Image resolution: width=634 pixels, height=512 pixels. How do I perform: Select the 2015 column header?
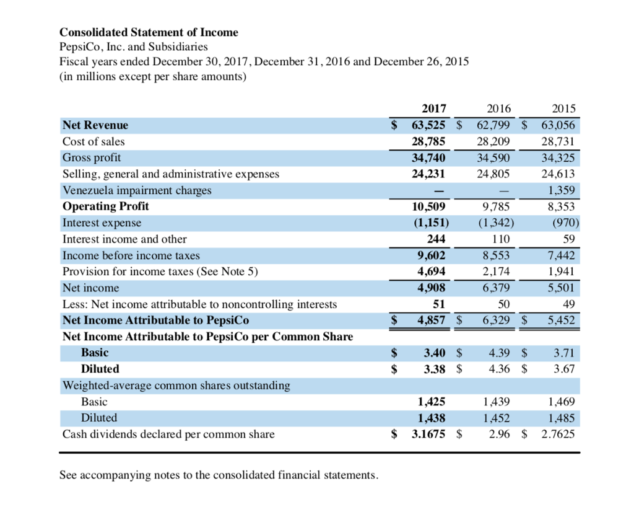pyautogui.click(x=563, y=110)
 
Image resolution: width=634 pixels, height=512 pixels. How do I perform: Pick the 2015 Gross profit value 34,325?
pyautogui.click(x=557, y=158)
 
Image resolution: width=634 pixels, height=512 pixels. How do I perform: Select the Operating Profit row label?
pyautogui.click(x=106, y=206)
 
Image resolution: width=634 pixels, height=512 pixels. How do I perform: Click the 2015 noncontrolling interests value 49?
pyautogui.click(x=568, y=304)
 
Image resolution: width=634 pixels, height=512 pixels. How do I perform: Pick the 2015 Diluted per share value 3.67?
pyautogui.click(x=564, y=369)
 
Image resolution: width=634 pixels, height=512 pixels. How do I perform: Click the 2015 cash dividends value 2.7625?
pyautogui.click(x=557, y=434)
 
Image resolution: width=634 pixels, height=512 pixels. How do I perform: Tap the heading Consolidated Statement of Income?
pyautogui.click(x=149, y=32)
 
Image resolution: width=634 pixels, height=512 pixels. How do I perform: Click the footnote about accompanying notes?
pyautogui.click(x=218, y=475)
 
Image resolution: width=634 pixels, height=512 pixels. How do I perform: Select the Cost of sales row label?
pyautogui.click(x=93, y=142)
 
